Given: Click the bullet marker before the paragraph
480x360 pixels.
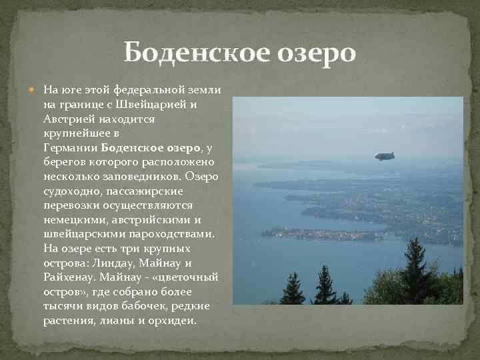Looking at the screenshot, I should point(35,89).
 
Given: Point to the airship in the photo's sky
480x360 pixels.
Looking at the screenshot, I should point(385,157).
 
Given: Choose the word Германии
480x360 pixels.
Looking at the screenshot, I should point(71,148).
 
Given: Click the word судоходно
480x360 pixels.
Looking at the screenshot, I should point(73,191).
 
